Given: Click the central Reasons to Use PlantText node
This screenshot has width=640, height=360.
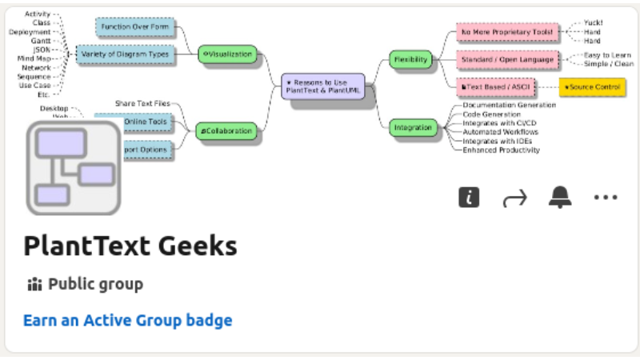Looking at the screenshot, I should (322, 86).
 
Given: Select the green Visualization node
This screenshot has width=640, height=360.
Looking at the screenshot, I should (228, 54).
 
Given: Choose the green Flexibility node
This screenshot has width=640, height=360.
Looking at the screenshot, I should (411, 59).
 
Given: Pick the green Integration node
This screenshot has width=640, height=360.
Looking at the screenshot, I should (413, 127).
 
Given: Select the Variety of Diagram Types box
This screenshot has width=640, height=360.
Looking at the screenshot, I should (126, 54).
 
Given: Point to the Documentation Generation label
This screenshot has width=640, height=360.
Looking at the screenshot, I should (509, 105).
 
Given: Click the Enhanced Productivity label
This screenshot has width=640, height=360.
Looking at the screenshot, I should (501, 150).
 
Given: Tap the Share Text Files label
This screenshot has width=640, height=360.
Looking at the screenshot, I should (142, 103).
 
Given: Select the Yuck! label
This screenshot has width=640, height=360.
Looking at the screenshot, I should (592, 23).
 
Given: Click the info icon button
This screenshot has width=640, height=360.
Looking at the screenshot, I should (469, 198).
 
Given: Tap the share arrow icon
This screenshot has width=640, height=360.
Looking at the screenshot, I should (514, 198).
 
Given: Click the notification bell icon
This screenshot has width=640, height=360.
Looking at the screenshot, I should (560, 198).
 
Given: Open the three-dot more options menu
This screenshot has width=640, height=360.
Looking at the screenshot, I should (606, 198).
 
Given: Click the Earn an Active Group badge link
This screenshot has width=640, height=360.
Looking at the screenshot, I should (128, 321).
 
